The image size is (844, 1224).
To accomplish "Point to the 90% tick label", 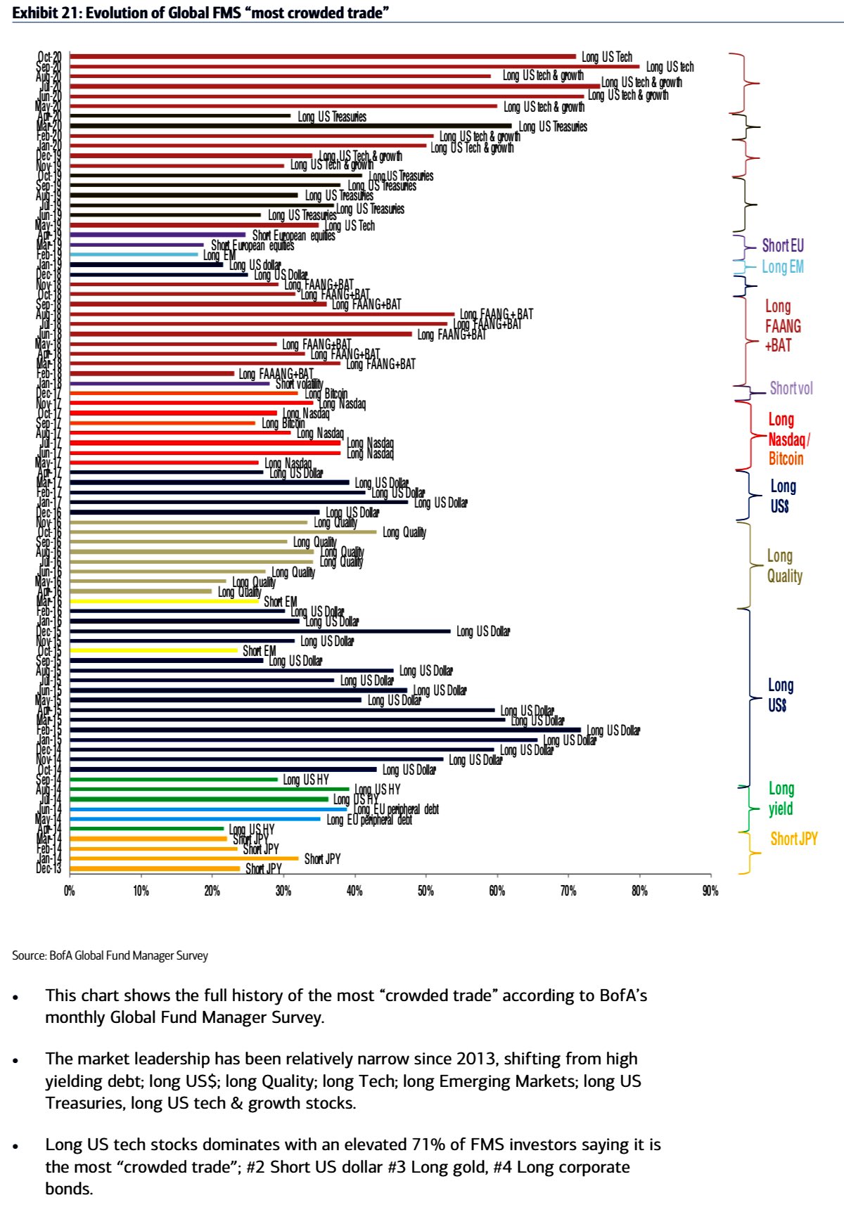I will point(710,891).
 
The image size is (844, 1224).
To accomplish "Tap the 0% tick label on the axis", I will point(69,891).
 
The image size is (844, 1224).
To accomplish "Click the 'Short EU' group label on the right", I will point(783,245).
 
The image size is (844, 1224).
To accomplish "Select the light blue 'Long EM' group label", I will point(783,266).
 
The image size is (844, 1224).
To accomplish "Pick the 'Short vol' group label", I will point(791,388).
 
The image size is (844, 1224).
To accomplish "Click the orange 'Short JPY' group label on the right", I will point(794,839).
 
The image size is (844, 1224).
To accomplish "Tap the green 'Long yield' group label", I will point(781,799).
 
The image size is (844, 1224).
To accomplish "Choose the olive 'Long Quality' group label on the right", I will point(784,566).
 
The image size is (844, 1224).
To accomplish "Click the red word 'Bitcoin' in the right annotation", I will point(786,459).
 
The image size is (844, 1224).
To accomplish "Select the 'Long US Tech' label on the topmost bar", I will point(607,57).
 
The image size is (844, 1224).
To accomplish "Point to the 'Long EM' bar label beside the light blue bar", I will point(219,255).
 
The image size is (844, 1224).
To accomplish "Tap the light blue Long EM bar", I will point(134,255).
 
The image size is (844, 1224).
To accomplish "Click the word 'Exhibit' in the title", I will point(35,13).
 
